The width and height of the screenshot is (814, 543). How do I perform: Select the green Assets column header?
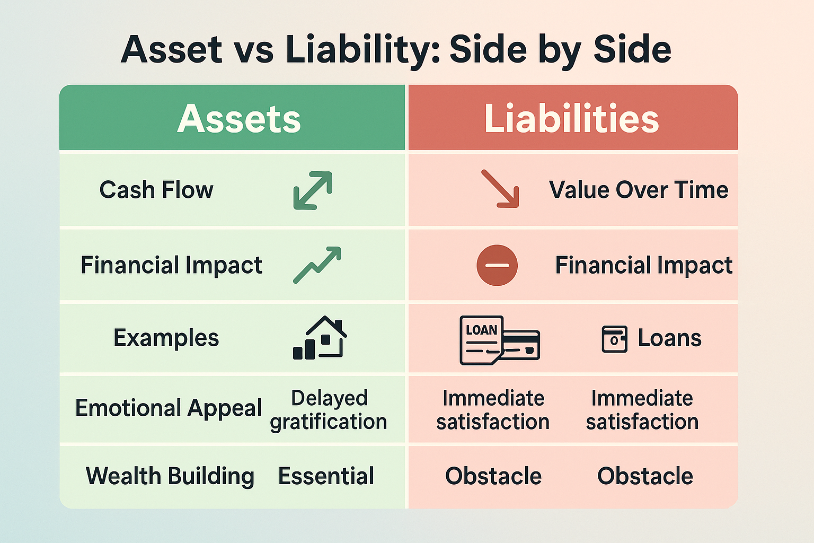click(238, 119)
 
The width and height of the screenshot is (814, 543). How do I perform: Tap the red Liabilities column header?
click(571, 119)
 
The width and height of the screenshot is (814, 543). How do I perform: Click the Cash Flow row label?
click(156, 190)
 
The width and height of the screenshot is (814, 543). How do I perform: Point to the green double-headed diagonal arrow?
click(313, 190)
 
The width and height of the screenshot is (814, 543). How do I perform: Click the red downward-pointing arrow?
click(500, 189)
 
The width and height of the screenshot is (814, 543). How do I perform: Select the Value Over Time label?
click(639, 190)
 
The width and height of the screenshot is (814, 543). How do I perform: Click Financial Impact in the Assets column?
click(171, 265)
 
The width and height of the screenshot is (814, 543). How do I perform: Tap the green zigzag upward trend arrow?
click(317, 265)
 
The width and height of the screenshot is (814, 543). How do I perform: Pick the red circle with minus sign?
click(497, 265)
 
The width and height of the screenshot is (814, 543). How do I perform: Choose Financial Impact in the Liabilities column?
click(643, 265)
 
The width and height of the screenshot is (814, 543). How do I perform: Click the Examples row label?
click(166, 338)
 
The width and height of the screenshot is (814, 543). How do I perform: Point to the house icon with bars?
click(320, 338)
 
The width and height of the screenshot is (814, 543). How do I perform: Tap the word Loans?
click(669, 338)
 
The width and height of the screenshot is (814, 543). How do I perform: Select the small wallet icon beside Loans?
click(614, 339)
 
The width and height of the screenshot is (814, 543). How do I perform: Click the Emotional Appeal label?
click(169, 408)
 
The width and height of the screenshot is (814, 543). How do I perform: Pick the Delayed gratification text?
click(329, 409)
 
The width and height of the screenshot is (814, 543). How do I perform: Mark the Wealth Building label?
click(170, 476)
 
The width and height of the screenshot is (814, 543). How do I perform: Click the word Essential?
click(326, 476)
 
